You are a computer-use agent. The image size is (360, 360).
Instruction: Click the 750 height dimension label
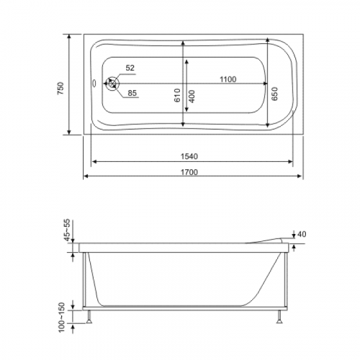coord(60,88)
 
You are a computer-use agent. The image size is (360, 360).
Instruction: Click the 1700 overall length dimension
coord(189,172)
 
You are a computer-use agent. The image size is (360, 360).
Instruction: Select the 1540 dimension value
coord(189,156)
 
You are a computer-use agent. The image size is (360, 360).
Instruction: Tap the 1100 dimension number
coord(228,79)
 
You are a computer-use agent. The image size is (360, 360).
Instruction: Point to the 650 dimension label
coord(275,94)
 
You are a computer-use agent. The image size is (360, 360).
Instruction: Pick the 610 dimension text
coord(177,95)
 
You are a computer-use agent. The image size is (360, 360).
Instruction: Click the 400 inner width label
coord(192,96)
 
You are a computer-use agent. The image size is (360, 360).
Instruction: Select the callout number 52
coord(130,68)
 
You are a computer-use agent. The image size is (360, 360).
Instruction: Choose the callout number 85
coord(132,93)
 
